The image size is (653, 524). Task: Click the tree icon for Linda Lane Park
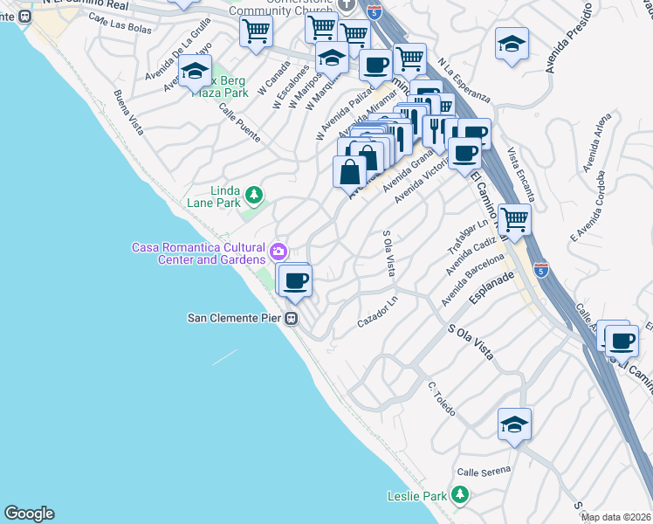253,194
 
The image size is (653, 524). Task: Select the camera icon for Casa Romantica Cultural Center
278,252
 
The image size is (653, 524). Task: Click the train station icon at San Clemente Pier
294,319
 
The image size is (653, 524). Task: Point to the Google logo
29,514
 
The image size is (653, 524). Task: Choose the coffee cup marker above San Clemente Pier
296,279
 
